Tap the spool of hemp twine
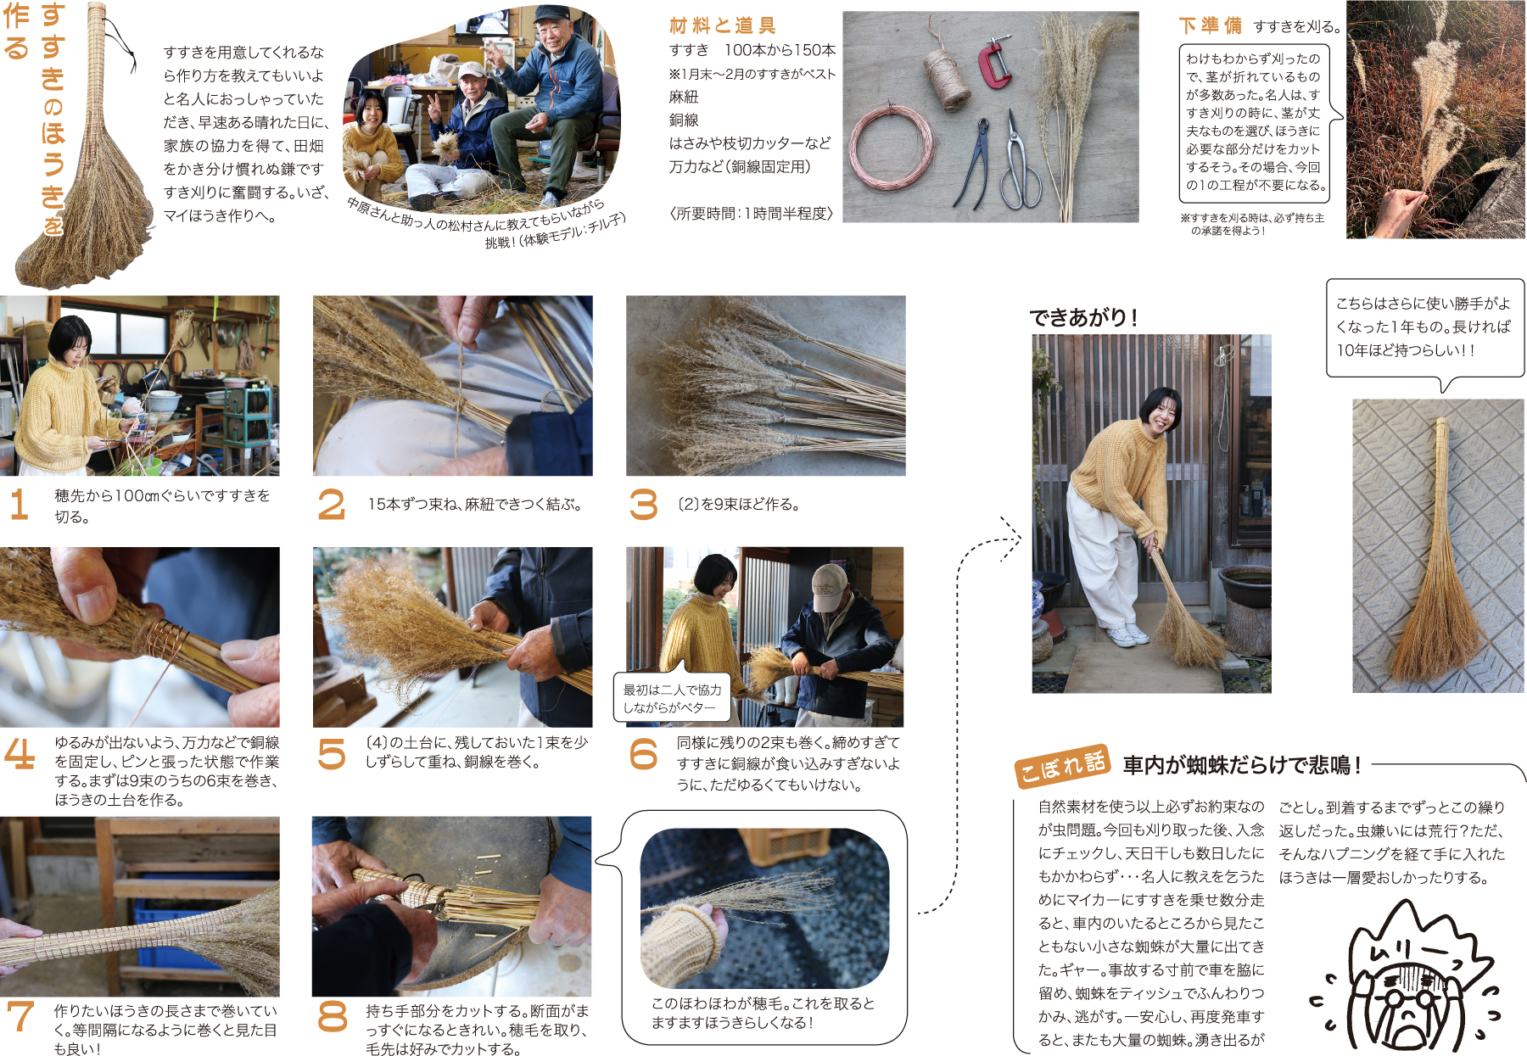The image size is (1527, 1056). click(x=947, y=78)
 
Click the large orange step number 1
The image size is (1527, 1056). click(x=19, y=505)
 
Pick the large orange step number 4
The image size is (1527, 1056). click(x=20, y=752)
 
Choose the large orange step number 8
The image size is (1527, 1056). click(x=332, y=1015)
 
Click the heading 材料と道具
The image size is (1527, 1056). click(x=722, y=25)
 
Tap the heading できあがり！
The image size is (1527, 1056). click(x=1083, y=317)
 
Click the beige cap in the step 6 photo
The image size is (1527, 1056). click(x=829, y=586)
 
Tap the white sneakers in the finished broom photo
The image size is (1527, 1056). click(x=1128, y=635)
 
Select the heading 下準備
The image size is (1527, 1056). click(x=1210, y=26)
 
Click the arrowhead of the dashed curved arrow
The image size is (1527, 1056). click(x=1011, y=538)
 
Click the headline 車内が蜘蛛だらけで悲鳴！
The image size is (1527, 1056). click(x=1242, y=766)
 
